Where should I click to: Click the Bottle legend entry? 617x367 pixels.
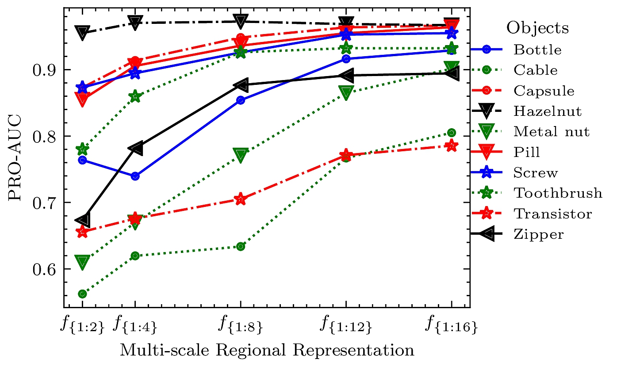(537, 50)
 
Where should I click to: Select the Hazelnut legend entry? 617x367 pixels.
(547, 111)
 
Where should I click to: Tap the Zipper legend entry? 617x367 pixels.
(539, 234)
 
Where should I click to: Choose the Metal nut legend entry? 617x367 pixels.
(551, 132)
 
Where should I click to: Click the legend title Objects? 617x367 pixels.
(537, 28)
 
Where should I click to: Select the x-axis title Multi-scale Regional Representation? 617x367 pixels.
(267, 350)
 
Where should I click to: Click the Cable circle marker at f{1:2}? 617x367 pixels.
(82, 294)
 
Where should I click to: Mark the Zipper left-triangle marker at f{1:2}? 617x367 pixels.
(83, 220)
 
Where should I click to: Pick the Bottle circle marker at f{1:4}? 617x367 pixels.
(135, 176)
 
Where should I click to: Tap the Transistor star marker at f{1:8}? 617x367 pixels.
(240, 199)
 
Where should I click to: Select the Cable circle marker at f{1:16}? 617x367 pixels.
(451, 133)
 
